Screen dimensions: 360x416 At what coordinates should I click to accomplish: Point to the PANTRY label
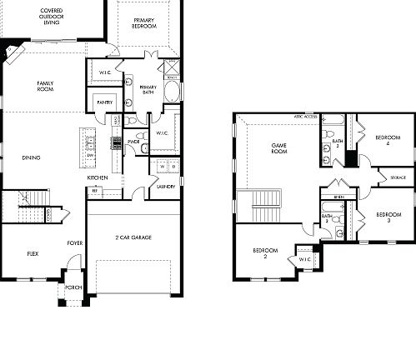tap(105, 102)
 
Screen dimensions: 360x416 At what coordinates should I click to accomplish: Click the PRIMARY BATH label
tap(148, 90)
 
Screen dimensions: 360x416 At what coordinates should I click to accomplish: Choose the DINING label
tap(32, 157)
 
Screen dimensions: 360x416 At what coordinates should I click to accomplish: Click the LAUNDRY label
tap(165, 187)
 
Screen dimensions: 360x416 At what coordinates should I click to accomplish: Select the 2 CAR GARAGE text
tap(133, 237)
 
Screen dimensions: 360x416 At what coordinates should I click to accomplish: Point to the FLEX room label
tap(33, 252)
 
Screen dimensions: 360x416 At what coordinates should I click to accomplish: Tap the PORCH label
tap(73, 290)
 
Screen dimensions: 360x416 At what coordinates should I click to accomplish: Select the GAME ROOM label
tap(278, 148)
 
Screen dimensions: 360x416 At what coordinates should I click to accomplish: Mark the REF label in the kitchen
tap(95, 191)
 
